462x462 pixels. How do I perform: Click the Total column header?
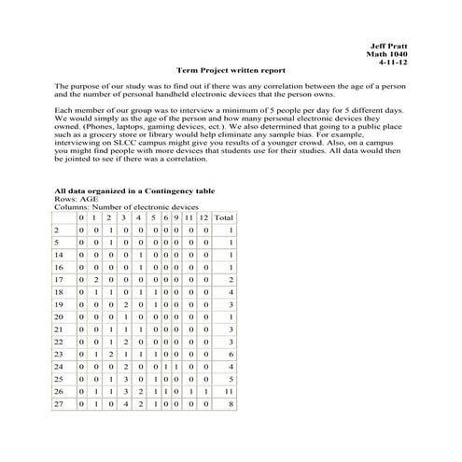(x=223, y=217)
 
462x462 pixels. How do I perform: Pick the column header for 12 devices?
(x=203, y=217)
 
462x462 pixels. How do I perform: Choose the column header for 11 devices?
(x=188, y=217)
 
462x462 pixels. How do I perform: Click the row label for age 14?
(x=59, y=254)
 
